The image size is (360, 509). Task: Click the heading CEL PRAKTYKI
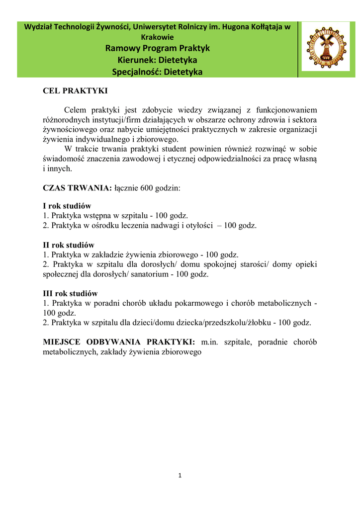point(75,91)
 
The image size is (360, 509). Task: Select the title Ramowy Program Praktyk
point(158,48)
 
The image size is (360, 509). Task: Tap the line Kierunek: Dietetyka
point(158,60)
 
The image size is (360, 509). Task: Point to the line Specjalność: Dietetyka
point(158,72)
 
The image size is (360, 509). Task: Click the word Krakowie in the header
point(158,37)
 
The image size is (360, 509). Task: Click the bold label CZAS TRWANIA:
point(78,188)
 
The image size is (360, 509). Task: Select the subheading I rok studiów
point(67,206)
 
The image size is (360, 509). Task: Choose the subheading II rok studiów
point(69,245)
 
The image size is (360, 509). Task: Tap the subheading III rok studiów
point(70,293)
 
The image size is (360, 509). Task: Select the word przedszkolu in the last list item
point(220,323)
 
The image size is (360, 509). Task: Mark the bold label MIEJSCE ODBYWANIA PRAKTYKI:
point(119,342)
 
